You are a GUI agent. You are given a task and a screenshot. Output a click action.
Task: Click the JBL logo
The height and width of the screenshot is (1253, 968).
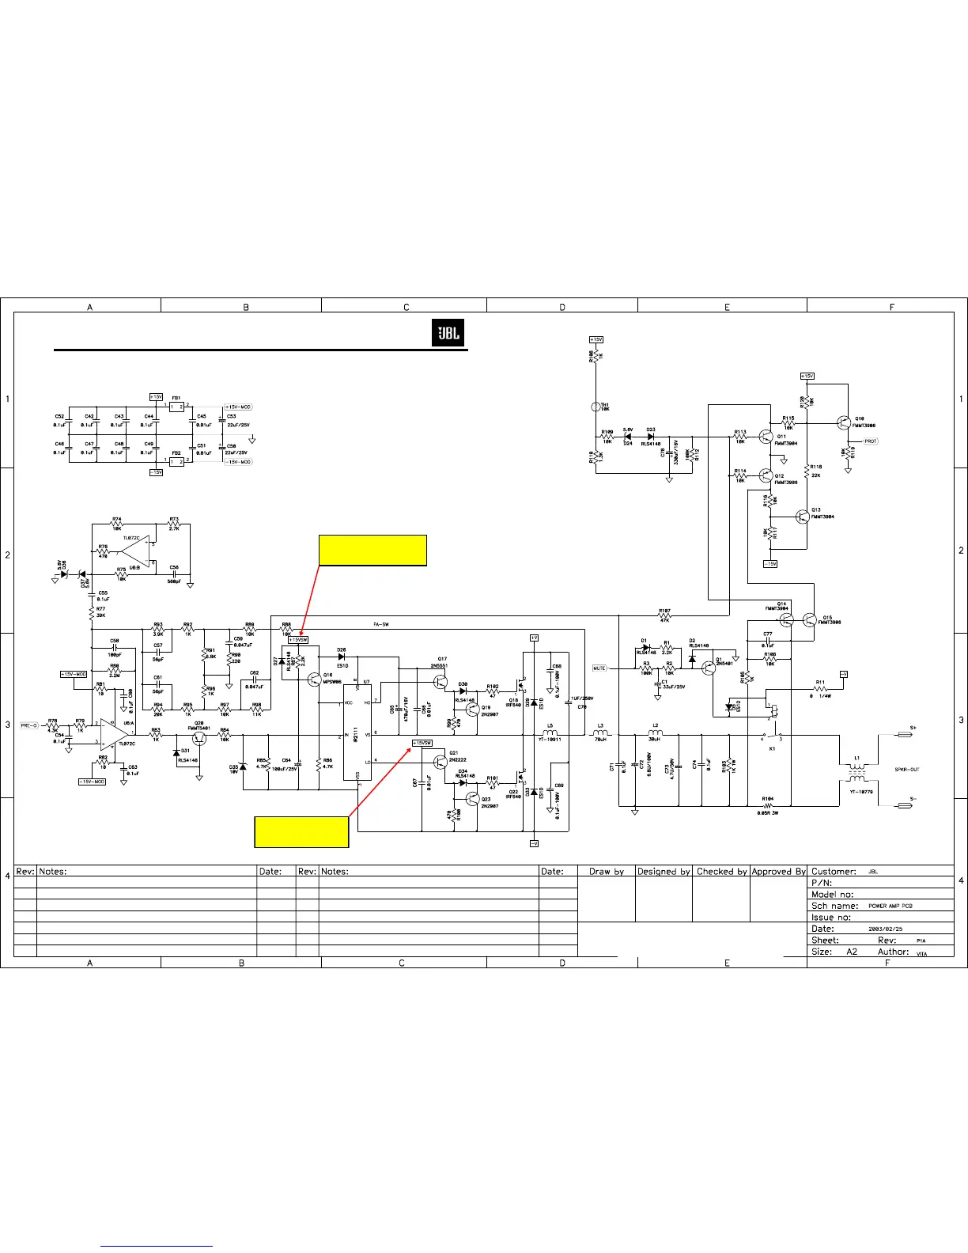pyautogui.click(x=448, y=334)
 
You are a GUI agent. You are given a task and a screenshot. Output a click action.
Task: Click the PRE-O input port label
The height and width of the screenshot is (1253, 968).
pyautogui.click(x=29, y=725)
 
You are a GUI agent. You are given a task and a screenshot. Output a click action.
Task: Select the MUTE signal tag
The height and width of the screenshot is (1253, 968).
pyautogui.click(x=599, y=668)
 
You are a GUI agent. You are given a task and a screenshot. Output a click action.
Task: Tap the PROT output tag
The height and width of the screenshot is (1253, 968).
pyautogui.click(x=870, y=441)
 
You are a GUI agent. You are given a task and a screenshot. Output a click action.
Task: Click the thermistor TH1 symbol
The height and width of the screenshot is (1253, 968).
pyautogui.click(x=596, y=407)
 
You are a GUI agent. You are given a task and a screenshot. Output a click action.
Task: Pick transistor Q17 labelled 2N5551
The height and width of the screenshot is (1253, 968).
pyautogui.click(x=440, y=675)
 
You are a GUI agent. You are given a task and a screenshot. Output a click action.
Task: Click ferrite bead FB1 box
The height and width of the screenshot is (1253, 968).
pyautogui.click(x=176, y=407)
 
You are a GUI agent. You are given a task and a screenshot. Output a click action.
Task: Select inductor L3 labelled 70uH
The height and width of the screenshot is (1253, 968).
pyautogui.click(x=600, y=735)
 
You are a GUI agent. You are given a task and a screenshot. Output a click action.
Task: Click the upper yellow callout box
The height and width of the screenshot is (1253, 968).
pyautogui.click(x=372, y=551)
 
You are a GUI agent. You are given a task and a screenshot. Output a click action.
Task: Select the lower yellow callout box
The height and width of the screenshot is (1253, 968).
pyautogui.click(x=301, y=831)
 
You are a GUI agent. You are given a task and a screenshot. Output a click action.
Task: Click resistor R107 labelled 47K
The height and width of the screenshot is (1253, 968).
pyautogui.click(x=664, y=616)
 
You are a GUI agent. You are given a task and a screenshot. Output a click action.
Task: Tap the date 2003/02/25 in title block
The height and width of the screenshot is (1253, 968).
pyautogui.click(x=885, y=929)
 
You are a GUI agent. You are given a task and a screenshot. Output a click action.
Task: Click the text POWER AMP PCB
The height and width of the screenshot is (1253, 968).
pyautogui.click(x=890, y=906)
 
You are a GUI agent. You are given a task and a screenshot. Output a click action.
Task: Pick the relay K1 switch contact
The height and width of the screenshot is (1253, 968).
pyautogui.click(x=772, y=735)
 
